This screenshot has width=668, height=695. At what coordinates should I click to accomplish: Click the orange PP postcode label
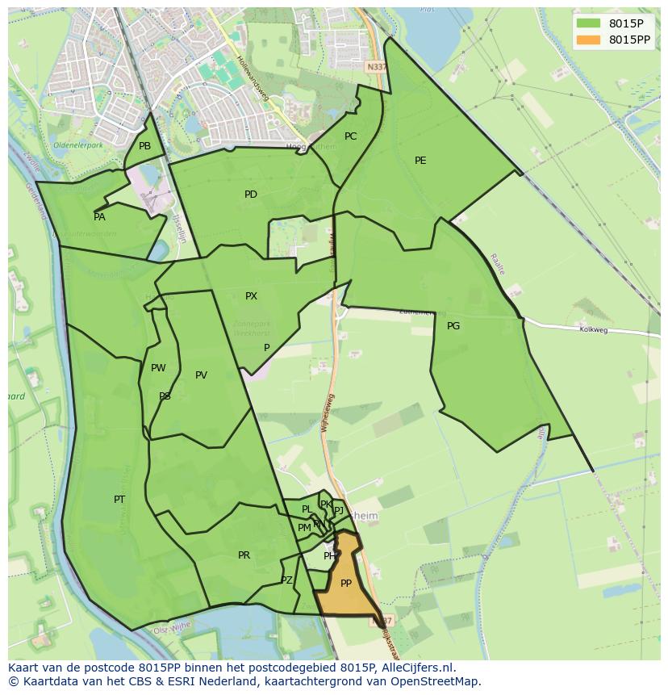(x=345, y=584)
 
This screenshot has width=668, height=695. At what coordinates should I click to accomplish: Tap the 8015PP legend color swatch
(x=589, y=40)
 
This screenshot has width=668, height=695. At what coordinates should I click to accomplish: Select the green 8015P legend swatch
(x=589, y=23)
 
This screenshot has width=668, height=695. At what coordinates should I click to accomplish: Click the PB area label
(x=144, y=146)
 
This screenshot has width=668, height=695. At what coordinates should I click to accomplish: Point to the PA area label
(x=99, y=217)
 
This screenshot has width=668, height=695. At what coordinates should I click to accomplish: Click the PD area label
(x=251, y=195)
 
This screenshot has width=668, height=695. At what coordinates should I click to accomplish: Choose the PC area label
(x=350, y=136)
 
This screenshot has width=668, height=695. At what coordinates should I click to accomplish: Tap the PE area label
(x=420, y=161)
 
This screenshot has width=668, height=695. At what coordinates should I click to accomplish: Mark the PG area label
(x=453, y=326)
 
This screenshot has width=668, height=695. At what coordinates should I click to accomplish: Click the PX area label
(x=251, y=296)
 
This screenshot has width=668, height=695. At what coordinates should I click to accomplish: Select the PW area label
(x=158, y=368)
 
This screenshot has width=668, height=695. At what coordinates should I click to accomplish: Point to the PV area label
(x=201, y=375)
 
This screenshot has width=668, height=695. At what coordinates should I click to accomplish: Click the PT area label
(x=119, y=500)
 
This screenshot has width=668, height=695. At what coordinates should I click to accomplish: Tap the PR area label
(x=244, y=555)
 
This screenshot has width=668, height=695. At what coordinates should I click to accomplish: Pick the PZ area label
(x=286, y=580)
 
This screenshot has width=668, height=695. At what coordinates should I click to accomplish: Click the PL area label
(x=307, y=509)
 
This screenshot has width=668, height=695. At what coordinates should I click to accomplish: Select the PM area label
(x=304, y=528)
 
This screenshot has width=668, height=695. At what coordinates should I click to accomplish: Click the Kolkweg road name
(x=593, y=329)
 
